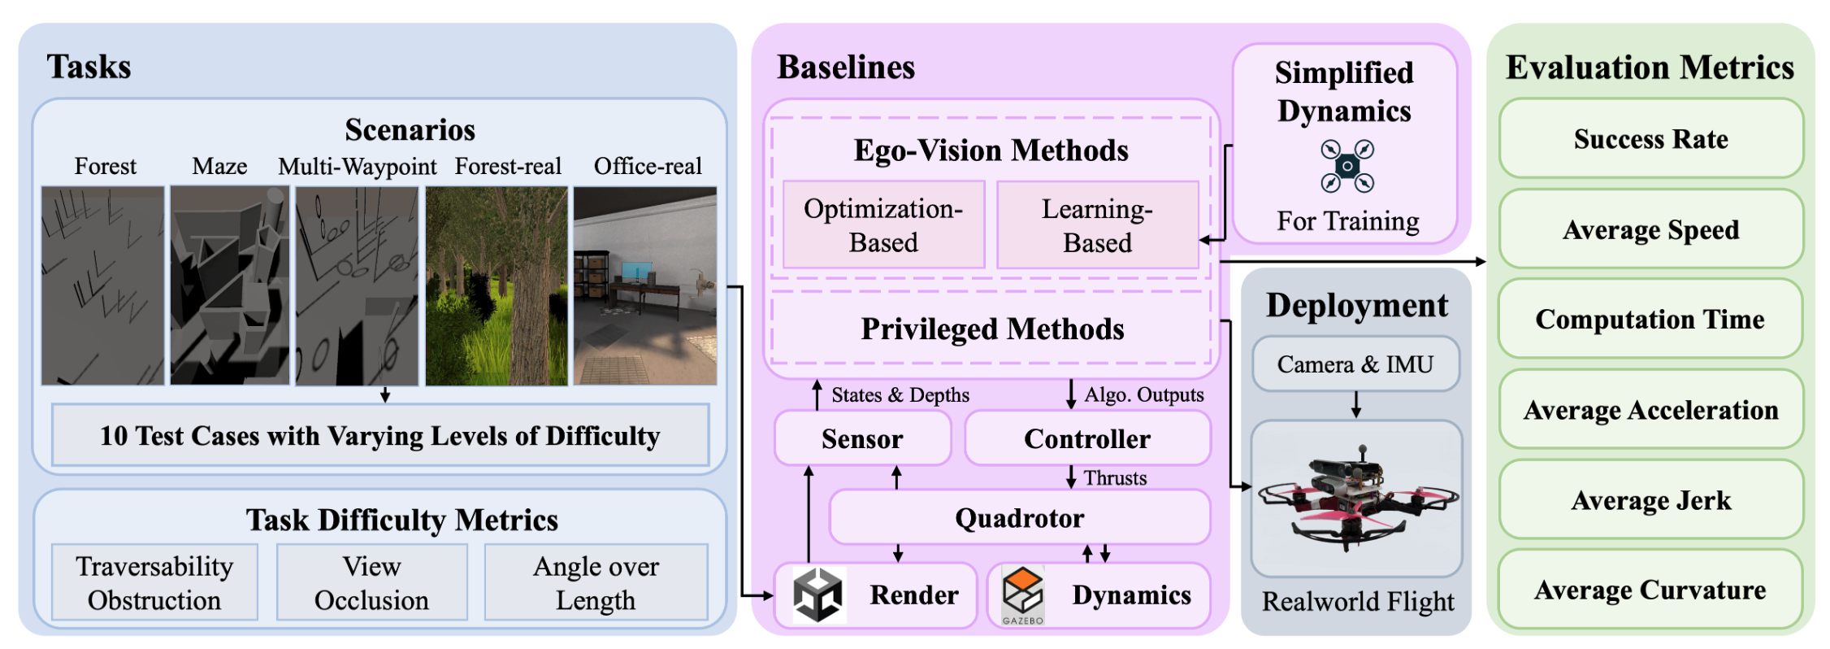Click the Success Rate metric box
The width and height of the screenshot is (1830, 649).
click(1650, 139)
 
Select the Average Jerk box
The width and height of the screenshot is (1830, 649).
click(1650, 499)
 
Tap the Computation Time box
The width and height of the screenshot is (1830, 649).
click(1650, 319)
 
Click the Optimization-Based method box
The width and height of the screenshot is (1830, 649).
click(883, 225)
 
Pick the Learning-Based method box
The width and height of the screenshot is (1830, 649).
click(1097, 225)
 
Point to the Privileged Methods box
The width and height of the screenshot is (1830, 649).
click(991, 329)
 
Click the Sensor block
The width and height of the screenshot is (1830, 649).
click(862, 438)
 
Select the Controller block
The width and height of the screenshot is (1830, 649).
click(1087, 438)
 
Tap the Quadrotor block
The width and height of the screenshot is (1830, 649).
click(1019, 517)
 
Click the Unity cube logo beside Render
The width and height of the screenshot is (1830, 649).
click(817, 595)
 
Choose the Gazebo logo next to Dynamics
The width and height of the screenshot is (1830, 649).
click(1022, 595)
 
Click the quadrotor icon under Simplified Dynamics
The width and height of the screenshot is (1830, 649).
click(1346, 166)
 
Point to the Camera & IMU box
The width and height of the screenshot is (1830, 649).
click(1355, 364)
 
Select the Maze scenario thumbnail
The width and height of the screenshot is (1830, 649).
click(229, 285)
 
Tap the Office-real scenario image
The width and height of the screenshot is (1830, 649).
click(645, 285)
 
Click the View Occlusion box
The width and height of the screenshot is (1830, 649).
click(371, 582)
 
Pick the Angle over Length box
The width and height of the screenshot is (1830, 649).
click(596, 582)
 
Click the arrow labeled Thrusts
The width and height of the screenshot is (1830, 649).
click(1071, 477)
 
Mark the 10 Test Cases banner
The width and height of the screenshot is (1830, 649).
click(379, 435)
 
